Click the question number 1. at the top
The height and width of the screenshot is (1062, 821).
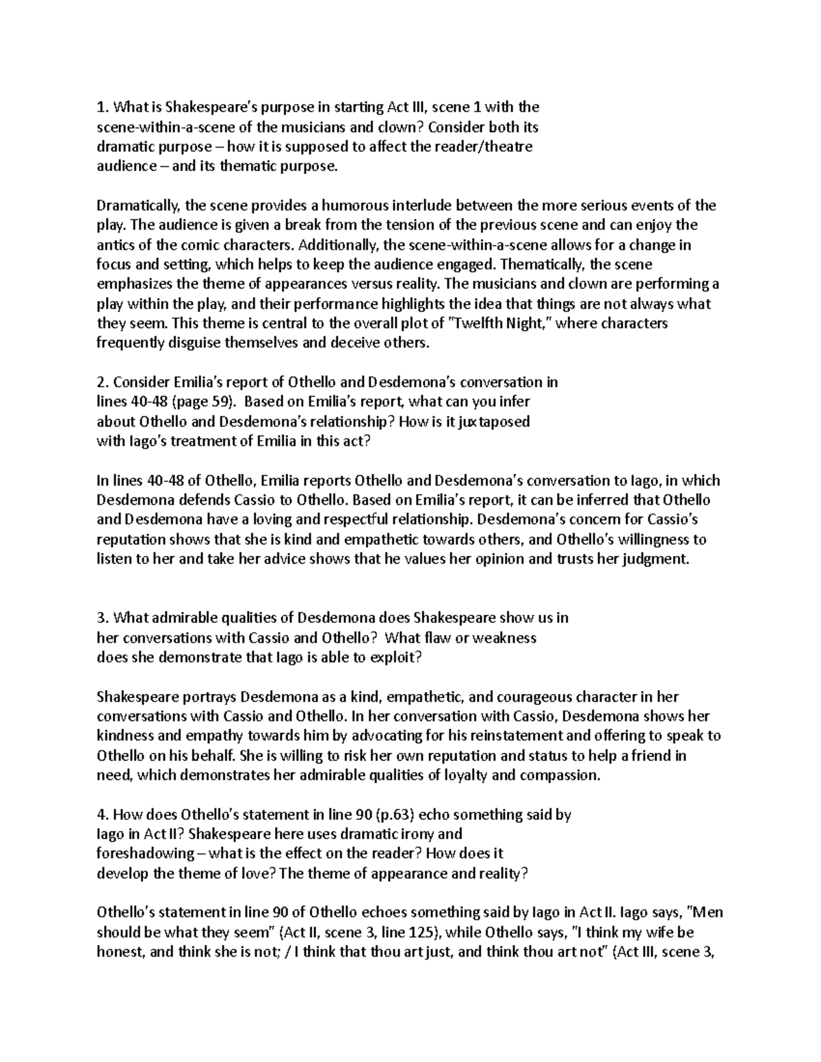pos(103,107)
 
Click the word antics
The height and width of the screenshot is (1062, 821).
pos(114,245)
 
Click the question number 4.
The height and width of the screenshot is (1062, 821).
pos(103,816)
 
